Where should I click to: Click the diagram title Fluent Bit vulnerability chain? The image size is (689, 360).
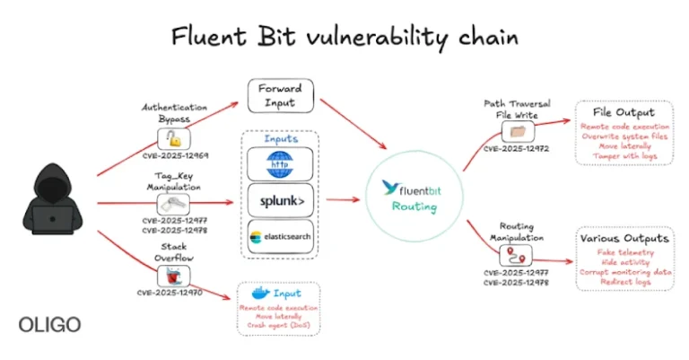pos(345,37)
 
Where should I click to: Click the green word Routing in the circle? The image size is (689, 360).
pos(414,206)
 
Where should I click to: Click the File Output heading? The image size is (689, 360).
pos(624,113)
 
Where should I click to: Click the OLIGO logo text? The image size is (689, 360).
pos(44,324)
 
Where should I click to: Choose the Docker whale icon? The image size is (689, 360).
pos(260,293)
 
